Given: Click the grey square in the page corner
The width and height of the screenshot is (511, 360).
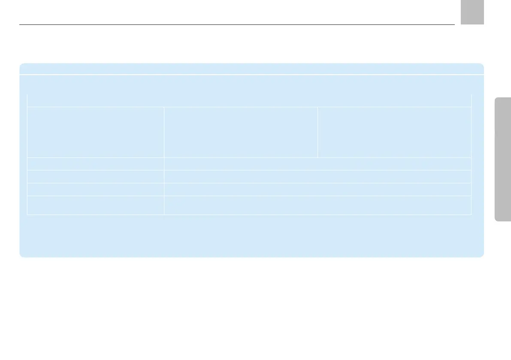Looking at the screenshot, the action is pyautogui.click(x=472, y=12).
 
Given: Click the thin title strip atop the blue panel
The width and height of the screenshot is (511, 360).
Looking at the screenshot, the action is pyautogui.click(x=251, y=69).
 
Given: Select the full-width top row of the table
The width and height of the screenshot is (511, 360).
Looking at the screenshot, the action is pyautogui.click(x=249, y=100).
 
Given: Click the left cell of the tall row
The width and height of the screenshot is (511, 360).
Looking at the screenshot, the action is pyautogui.click(x=95, y=132).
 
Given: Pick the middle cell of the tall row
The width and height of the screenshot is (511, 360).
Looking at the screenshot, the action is pyautogui.click(x=241, y=132).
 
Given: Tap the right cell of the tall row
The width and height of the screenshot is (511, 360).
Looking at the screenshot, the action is pyautogui.click(x=394, y=132).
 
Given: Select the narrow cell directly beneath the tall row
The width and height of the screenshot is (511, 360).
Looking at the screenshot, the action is pyautogui.click(x=95, y=164).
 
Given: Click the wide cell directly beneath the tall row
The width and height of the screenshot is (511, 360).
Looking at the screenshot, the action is pyautogui.click(x=317, y=164).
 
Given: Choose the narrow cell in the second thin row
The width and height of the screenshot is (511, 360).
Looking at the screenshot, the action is pyautogui.click(x=95, y=177).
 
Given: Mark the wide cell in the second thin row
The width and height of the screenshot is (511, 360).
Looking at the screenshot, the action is pyautogui.click(x=317, y=177).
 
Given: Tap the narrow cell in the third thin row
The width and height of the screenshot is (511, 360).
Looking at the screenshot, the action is pyautogui.click(x=95, y=190).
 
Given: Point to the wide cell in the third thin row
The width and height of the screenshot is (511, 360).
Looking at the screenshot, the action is pyautogui.click(x=317, y=190).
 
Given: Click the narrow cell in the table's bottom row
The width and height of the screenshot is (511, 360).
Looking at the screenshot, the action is pyautogui.click(x=95, y=206).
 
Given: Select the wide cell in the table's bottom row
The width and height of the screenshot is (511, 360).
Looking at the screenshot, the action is pyautogui.click(x=317, y=206).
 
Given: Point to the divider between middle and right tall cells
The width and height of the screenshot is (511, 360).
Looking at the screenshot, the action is pyautogui.click(x=317, y=132).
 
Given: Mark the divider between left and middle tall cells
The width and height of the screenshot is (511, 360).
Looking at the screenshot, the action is pyautogui.click(x=164, y=132).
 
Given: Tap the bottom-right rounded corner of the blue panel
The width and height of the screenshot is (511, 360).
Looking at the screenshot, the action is pyautogui.click(x=481, y=254).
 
